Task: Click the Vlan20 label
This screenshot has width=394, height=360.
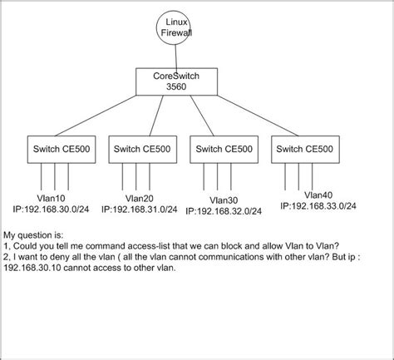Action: (140, 198)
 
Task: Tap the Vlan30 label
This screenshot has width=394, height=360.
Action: (224, 200)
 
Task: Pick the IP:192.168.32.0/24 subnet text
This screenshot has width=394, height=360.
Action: (229, 210)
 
